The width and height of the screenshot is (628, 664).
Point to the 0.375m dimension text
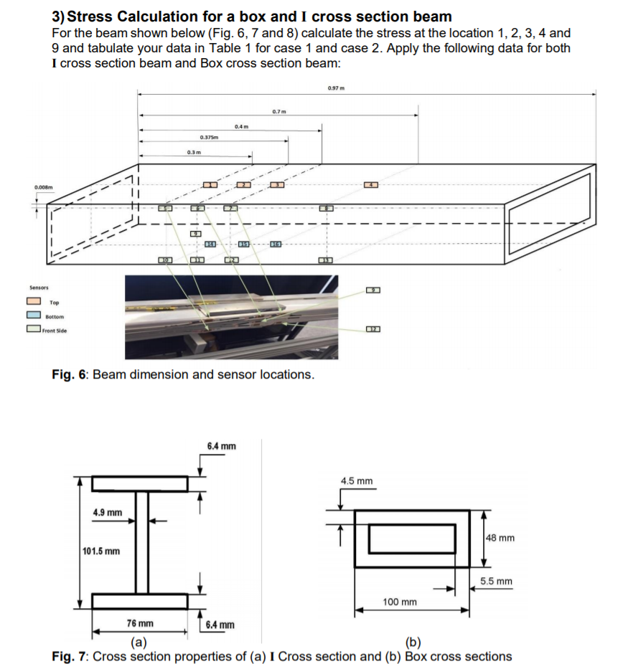pos(210,137)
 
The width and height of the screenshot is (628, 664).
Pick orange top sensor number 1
pos(210,186)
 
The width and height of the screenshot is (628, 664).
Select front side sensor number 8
pos(327,208)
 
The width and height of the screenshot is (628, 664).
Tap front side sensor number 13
pos(327,259)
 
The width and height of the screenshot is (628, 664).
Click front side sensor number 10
pos(166,259)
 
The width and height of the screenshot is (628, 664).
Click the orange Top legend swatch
pos(34,303)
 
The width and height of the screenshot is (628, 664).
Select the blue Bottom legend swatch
pos(34,316)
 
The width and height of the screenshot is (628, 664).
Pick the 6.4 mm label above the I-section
pos(221,446)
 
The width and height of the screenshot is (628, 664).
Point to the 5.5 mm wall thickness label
pos(497,581)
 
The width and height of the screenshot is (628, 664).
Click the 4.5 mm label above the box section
pos(357,480)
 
